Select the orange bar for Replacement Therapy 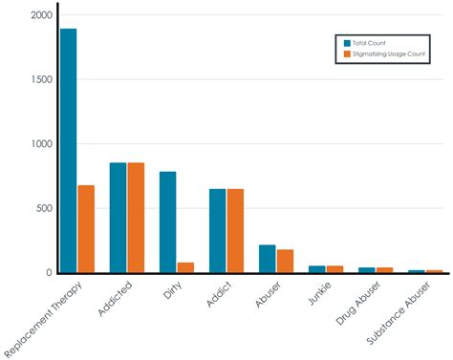(x=86, y=229)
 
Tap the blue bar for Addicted (x=118, y=218)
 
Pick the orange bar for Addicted (x=136, y=218)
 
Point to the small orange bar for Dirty (x=185, y=267)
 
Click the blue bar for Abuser (x=267, y=259)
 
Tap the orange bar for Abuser (x=285, y=261)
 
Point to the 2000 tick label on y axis (x=42, y=15)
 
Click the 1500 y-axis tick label (x=42, y=79)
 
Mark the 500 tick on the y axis (x=44, y=208)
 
